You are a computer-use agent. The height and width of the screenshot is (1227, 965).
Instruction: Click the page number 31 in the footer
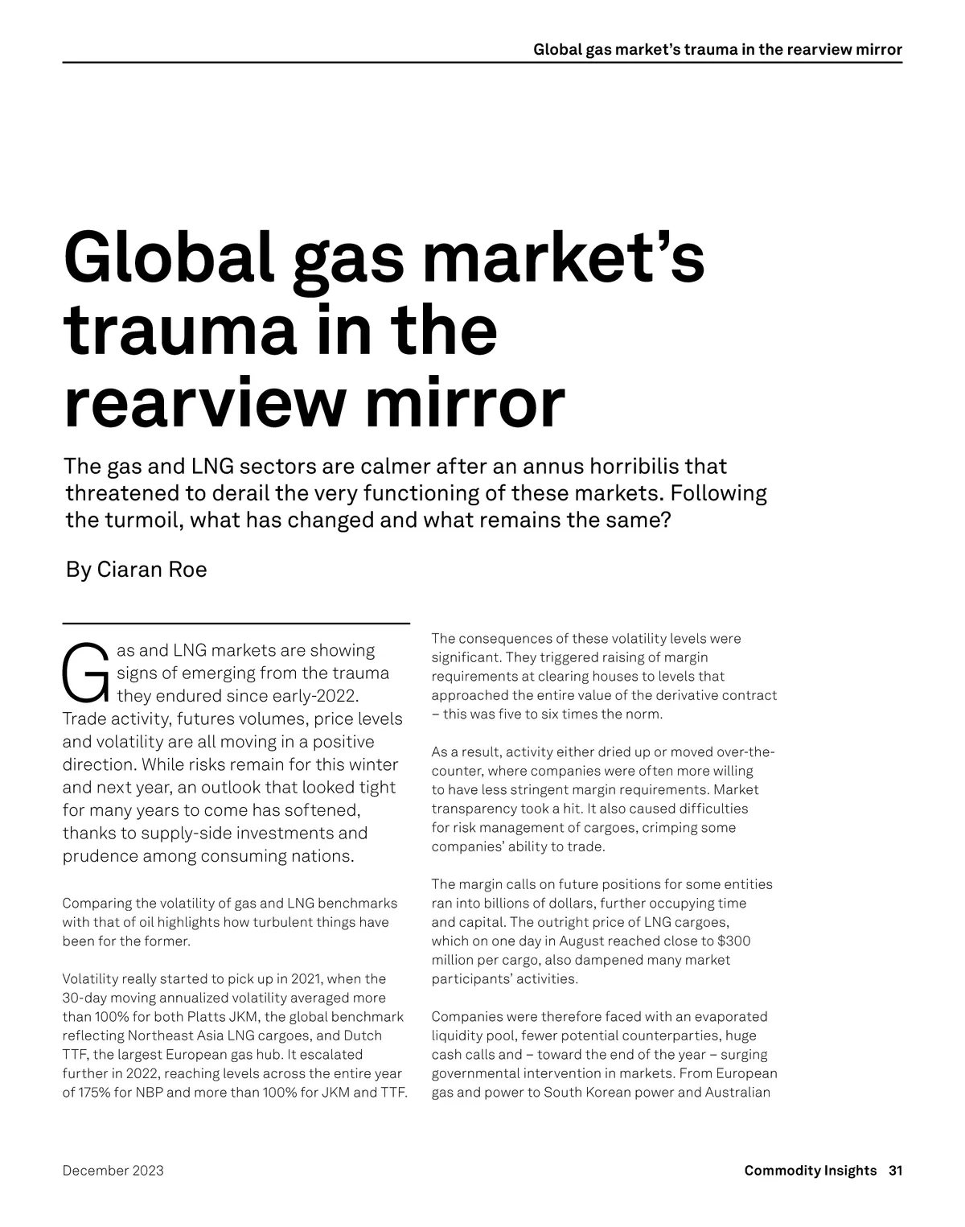[x=895, y=1171]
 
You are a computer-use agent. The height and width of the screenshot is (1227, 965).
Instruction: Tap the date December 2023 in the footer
[x=113, y=1171]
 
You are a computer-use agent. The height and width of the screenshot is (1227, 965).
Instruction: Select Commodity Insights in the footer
[x=810, y=1171]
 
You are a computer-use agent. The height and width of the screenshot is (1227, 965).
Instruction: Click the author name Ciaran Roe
[x=151, y=570]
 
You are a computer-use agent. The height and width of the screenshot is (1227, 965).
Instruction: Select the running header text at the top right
[x=717, y=50]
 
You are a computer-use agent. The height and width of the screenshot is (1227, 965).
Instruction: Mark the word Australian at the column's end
[x=737, y=1093]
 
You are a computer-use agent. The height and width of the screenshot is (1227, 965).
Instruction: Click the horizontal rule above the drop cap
[x=236, y=623]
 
